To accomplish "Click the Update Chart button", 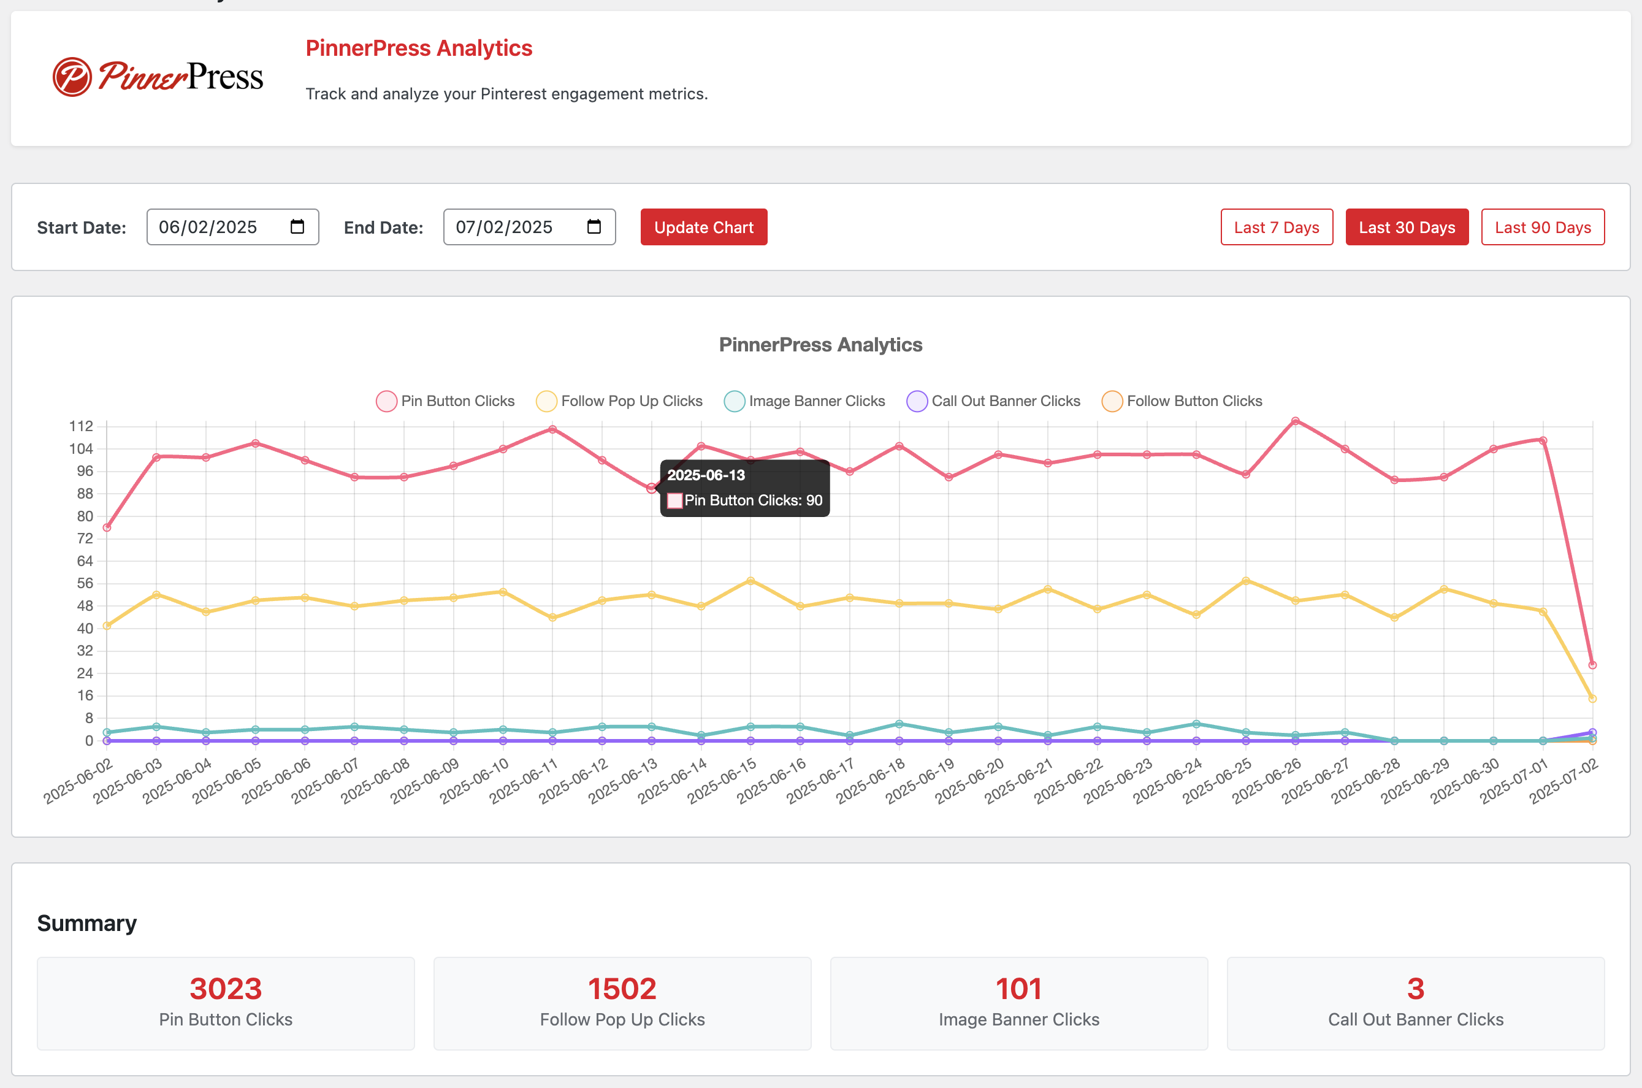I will (x=703, y=227).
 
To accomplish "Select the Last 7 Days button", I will (x=1277, y=227).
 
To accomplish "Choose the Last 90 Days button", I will (x=1542, y=227).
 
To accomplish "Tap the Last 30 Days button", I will (x=1407, y=227).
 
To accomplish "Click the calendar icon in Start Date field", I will (x=297, y=226).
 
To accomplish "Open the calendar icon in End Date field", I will (x=594, y=226).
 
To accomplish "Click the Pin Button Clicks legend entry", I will (x=445, y=401).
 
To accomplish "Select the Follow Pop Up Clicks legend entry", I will (x=619, y=401).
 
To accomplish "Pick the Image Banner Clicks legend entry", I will (x=804, y=401).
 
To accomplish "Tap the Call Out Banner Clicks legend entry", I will (x=993, y=401).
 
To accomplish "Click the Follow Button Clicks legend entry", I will (x=1182, y=401).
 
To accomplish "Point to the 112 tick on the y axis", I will (x=80, y=426).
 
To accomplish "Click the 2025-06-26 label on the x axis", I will (x=1267, y=781).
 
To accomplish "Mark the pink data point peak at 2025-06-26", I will (x=1295, y=421).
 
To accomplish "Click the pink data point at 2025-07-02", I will (x=1592, y=665).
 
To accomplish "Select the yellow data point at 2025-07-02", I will (x=1592, y=699).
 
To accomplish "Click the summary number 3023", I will (x=226, y=988).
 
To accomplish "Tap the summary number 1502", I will (x=622, y=988).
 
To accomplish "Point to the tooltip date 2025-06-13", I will (x=706, y=475).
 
